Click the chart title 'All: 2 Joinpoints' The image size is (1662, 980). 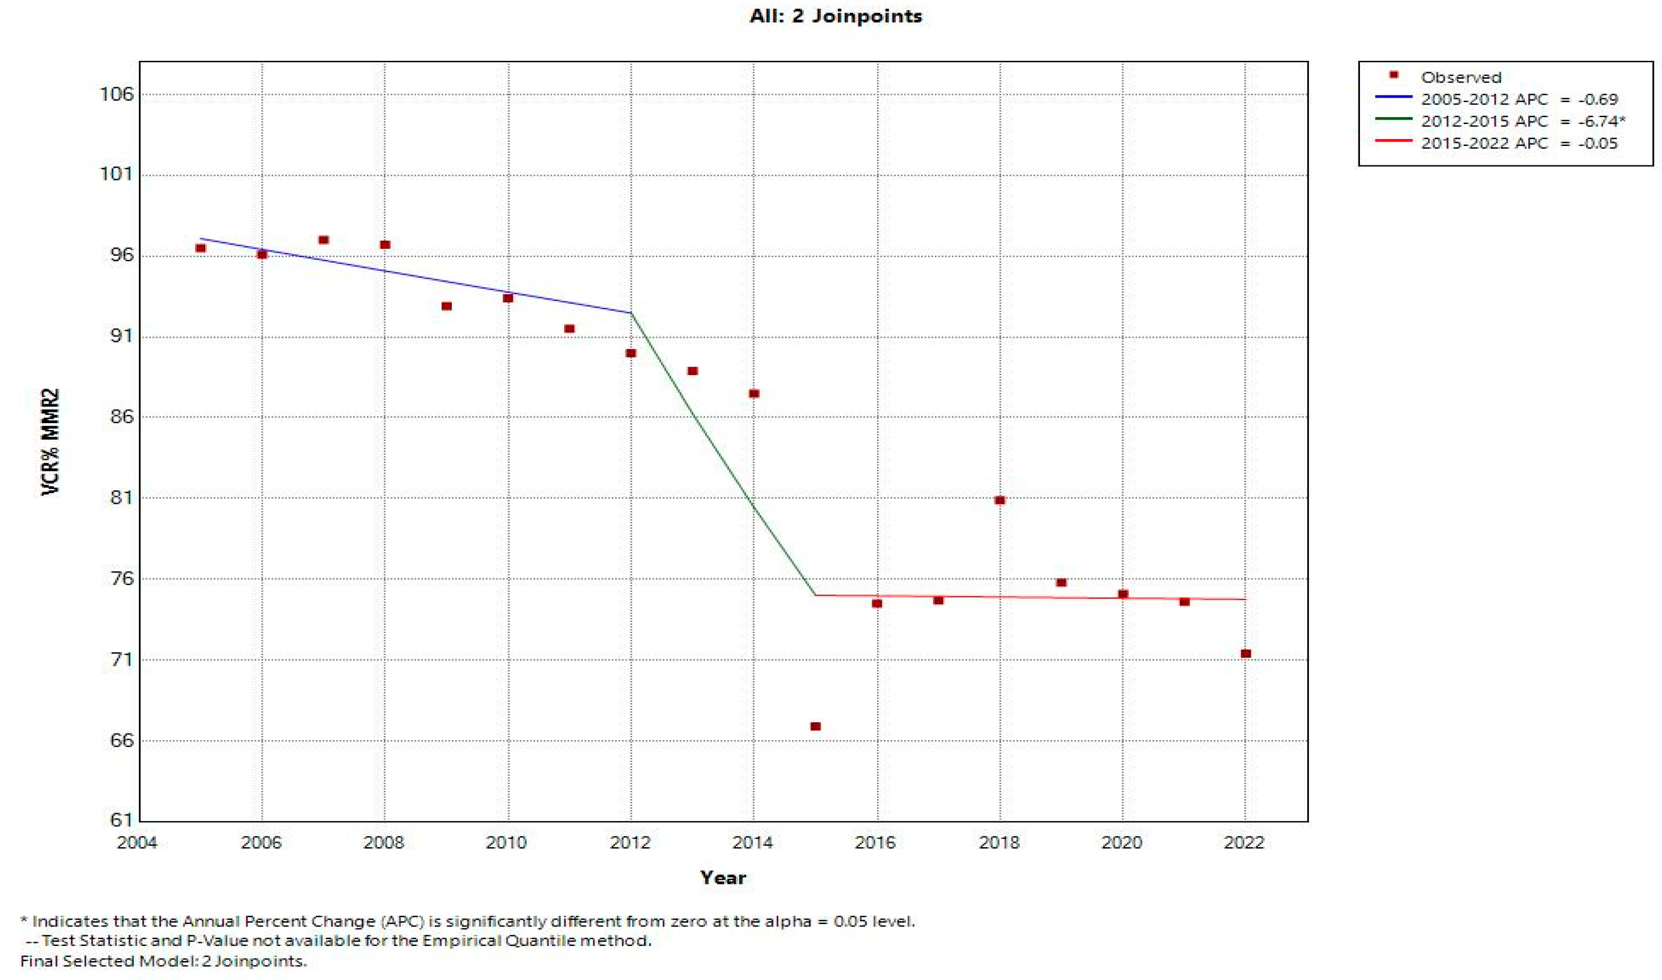coord(835,16)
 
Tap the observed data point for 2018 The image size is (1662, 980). coord(1000,500)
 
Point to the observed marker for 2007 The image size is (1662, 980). coord(323,240)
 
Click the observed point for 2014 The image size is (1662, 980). coord(754,393)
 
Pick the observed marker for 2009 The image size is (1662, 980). coord(447,306)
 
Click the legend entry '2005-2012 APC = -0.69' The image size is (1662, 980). coord(1519,99)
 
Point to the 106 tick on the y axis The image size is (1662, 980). coord(116,94)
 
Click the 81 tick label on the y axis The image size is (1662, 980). coord(121,497)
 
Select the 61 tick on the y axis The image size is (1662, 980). coord(121,820)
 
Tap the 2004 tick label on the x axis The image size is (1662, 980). coord(137,843)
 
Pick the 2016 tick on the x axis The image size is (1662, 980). coord(876,843)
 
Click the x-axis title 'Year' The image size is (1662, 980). coord(723,878)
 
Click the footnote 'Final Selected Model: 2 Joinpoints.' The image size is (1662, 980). coord(164,961)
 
